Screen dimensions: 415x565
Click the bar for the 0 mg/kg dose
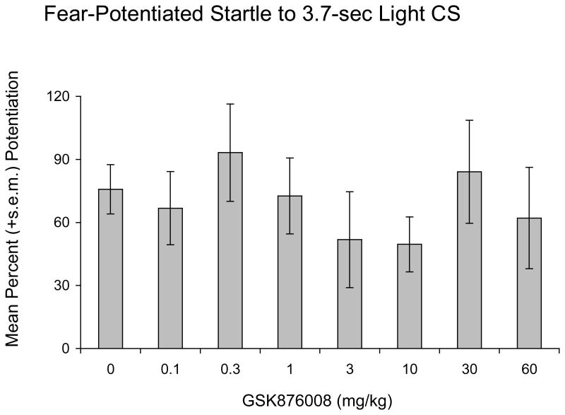click(x=111, y=269)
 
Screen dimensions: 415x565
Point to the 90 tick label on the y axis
click(x=66, y=159)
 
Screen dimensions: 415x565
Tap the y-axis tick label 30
click(x=66, y=286)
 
